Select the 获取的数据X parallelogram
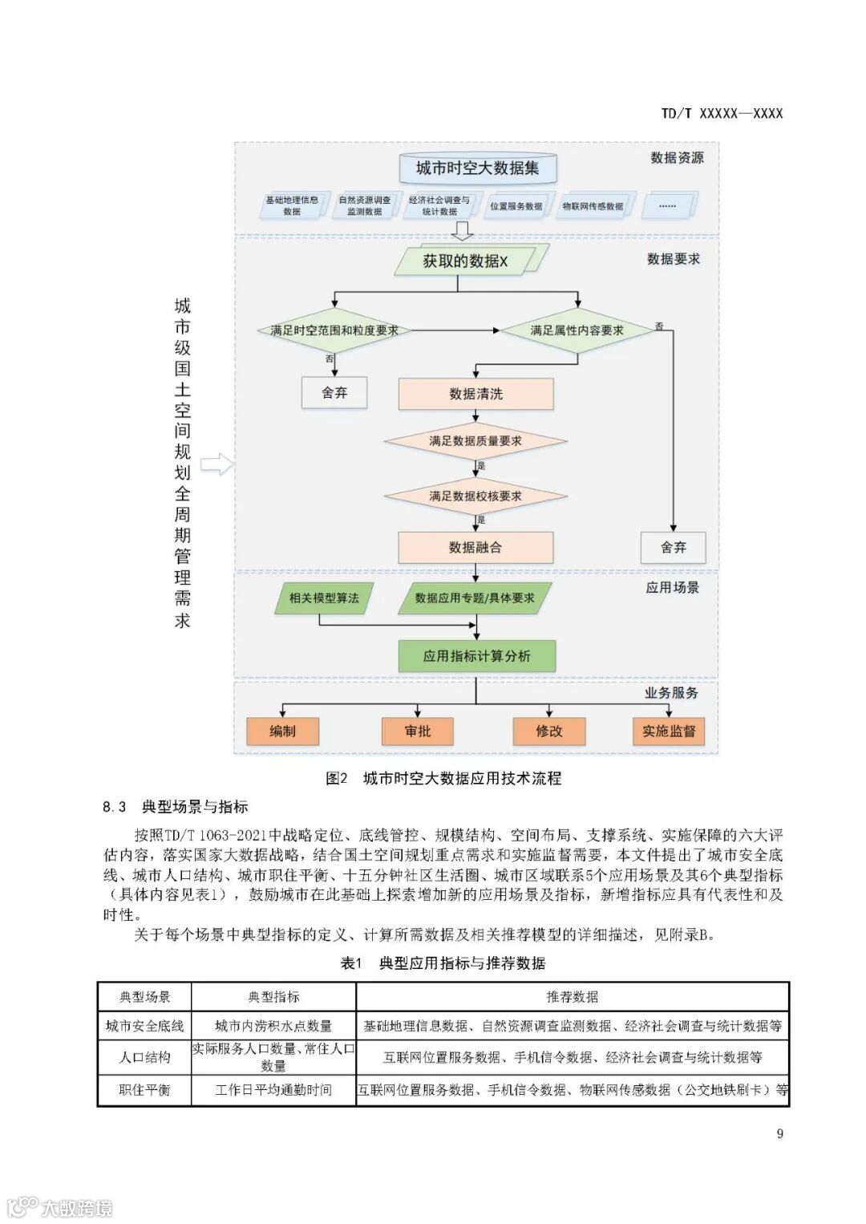click(465, 261)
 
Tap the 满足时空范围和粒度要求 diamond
click(334, 330)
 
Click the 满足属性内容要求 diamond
click(577, 330)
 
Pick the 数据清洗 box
click(475, 394)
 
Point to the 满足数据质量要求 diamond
click(475, 440)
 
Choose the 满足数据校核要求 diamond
click(475, 496)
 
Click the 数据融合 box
click(475, 548)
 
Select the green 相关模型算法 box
click(324, 598)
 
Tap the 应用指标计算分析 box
click(477, 656)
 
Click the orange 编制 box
click(282, 731)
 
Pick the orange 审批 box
click(418, 731)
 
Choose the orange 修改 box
click(549, 731)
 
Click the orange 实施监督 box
click(669, 731)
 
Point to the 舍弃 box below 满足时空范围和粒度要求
click(334, 393)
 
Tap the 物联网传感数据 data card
click(593, 206)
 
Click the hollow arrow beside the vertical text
click(216, 464)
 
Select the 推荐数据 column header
click(573, 997)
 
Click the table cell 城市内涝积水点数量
click(273, 1026)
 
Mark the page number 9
click(779, 1133)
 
